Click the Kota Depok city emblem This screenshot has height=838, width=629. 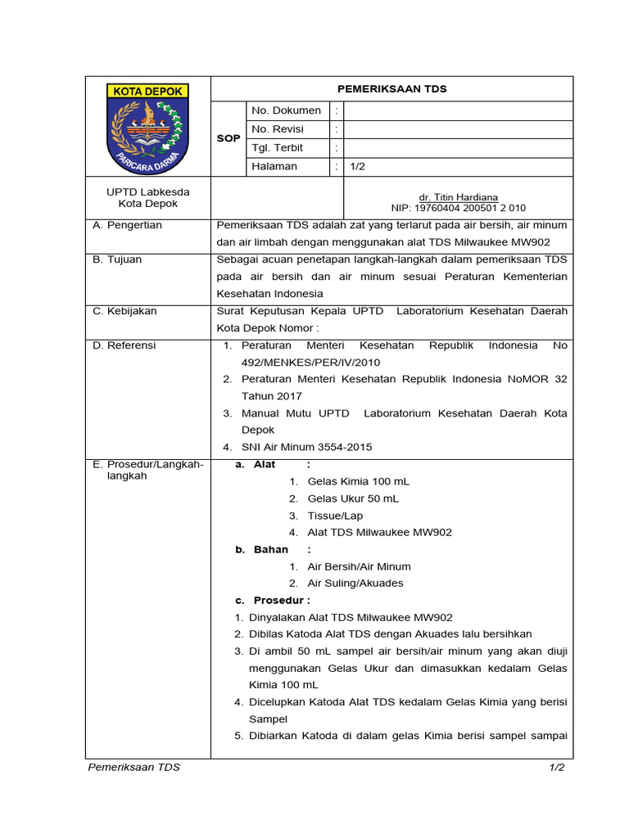148,127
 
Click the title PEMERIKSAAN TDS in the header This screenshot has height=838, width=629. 392,89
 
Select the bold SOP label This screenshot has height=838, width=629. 229,138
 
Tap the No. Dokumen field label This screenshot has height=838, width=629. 286,110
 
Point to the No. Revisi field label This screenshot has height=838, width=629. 278,129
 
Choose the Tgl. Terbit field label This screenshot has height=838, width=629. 277,148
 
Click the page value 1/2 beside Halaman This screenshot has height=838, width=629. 358,167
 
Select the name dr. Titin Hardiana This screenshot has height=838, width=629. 458,198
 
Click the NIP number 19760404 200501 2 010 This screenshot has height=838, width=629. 458,209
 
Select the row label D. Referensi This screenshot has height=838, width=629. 124,345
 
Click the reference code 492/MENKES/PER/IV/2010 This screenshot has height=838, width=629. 310,362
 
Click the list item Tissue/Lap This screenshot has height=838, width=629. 335,516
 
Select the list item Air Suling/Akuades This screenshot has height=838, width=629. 355,583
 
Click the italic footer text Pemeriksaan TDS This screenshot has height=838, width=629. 134,768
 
